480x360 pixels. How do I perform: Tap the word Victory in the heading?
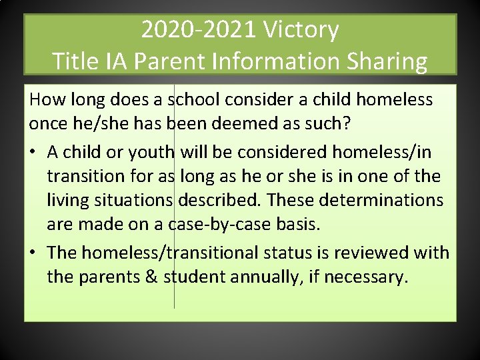pos(301,30)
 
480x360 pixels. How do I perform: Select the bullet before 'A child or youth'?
pos(33,153)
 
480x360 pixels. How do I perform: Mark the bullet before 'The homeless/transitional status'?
pos(33,253)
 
